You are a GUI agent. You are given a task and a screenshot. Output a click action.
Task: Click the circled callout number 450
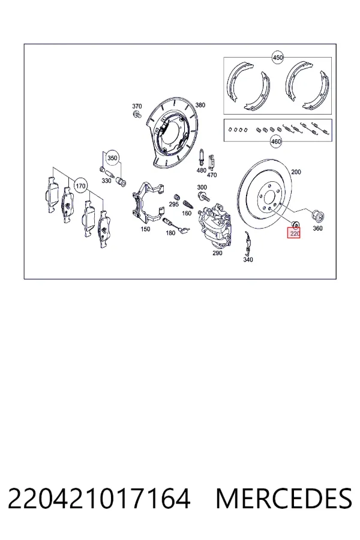pyautogui.click(x=277, y=57)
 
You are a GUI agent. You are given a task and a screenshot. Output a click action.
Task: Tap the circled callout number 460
pyautogui.click(x=275, y=141)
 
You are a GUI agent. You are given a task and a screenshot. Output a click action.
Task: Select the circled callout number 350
pyautogui.click(x=112, y=158)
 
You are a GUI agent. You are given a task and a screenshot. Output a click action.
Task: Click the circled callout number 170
pyautogui.click(x=80, y=186)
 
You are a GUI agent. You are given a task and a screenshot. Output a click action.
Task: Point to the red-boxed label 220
pyautogui.click(x=294, y=234)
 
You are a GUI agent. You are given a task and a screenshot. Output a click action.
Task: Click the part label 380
pyautogui.click(x=200, y=105)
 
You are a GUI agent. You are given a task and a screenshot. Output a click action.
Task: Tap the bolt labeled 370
pyautogui.click(x=137, y=114)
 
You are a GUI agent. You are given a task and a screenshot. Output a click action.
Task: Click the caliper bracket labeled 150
pyautogui.click(x=146, y=203)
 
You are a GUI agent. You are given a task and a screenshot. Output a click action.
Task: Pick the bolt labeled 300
pyautogui.click(x=203, y=197)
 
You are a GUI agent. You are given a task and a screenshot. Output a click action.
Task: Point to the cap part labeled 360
pyautogui.click(x=317, y=216)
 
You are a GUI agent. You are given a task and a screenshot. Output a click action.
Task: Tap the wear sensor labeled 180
pyautogui.click(x=176, y=224)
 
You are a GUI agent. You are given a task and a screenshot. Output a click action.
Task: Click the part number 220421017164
pyautogui.click(x=99, y=499)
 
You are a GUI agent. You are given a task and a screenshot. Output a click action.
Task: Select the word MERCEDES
pyautogui.click(x=284, y=499)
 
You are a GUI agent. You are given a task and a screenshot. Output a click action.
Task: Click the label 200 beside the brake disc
pyautogui.click(x=296, y=172)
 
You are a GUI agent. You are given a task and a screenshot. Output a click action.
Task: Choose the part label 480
pyautogui.click(x=201, y=170)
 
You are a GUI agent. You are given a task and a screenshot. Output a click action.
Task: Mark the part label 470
pyautogui.click(x=212, y=175)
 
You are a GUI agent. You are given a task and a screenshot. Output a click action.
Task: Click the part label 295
pyautogui.click(x=173, y=204)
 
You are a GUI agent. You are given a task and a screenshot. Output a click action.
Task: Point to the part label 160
pyautogui.click(x=187, y=213)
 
